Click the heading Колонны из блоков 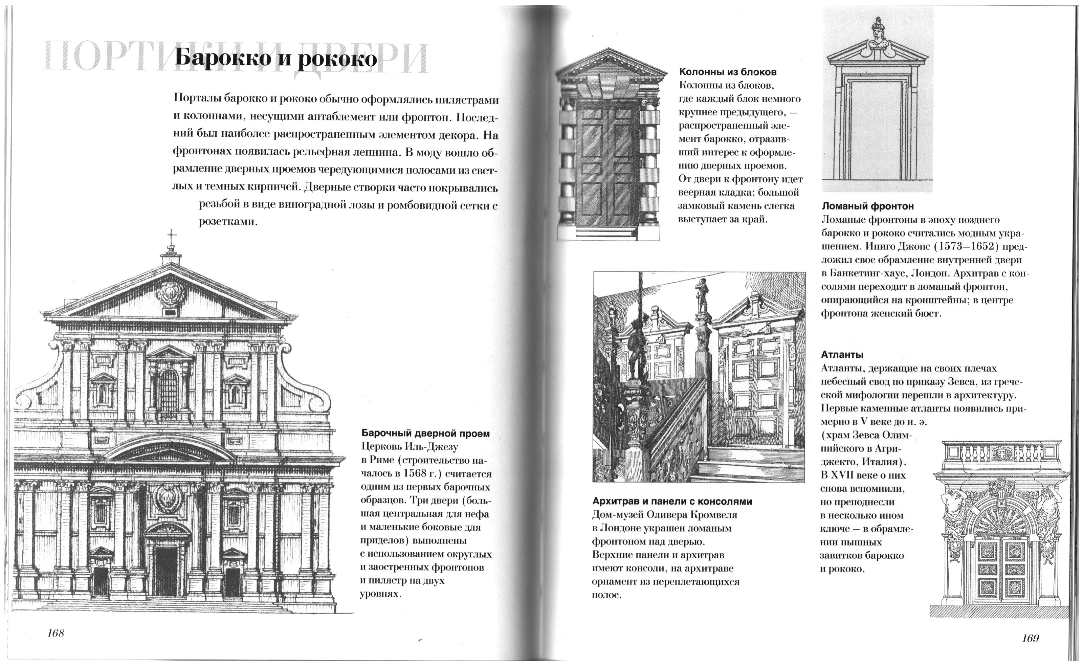(728, 72)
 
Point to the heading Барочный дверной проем (425, 434)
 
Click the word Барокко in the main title (222, 59)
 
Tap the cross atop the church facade (171, 236)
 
